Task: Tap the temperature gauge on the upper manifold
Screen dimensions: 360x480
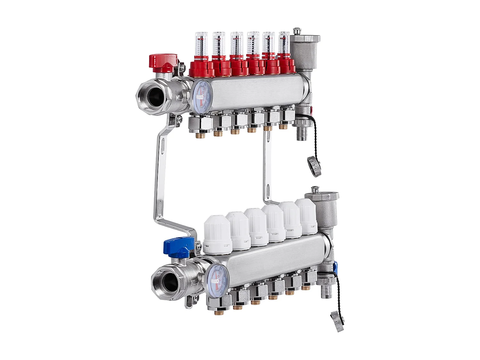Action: point(201,96)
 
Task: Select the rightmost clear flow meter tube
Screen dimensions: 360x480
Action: point(284,42)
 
